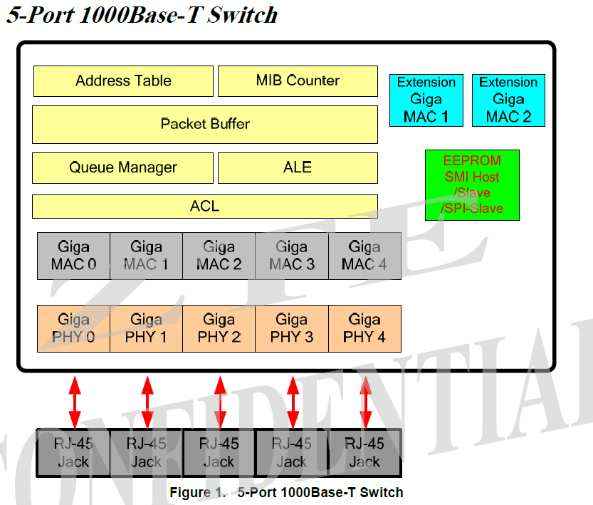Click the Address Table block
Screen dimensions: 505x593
tap(123, 80)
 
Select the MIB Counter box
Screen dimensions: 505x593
tap(298, 80)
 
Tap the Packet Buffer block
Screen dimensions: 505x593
tap(205, 124)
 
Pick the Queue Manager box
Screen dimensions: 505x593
tap(123, 167)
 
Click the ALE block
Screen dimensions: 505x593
tap(298, 167)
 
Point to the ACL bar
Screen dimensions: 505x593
tap(205, 207)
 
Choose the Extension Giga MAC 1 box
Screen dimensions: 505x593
tap(426, 100)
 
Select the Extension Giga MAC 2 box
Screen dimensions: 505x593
tap(508, 100)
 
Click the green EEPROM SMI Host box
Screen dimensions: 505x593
tap(472, 184)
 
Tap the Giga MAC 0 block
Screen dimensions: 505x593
tap(73, 256)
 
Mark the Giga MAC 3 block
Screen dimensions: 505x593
tap(291, 256)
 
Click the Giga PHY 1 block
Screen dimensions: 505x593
tap(146, 328)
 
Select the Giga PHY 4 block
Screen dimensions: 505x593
tap(364, 328)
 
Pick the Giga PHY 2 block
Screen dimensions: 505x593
tap(219, 328)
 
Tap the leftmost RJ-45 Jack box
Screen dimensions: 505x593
tap(73, 452)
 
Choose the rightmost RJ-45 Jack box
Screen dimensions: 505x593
tap(364, 452)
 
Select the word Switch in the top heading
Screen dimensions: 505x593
tap(242, 14)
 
